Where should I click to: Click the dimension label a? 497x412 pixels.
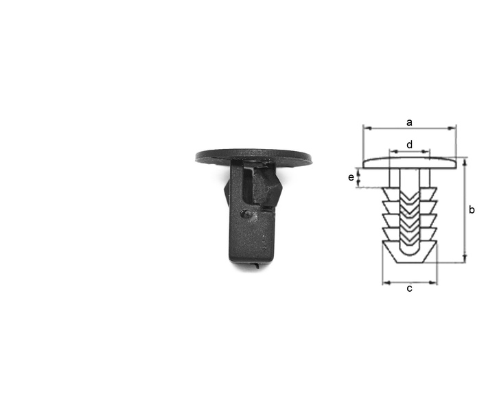coord(409,122)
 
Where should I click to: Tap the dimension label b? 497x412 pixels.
coord(472,209)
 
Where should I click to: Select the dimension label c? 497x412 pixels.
coord(410,288)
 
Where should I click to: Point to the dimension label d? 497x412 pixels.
coord(410,145)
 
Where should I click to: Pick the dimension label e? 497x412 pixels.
coord(351,177)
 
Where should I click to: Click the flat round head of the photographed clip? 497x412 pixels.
coord(253,156)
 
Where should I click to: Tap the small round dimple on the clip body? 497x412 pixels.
coord(245,214)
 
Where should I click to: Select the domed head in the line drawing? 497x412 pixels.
coord(410,162)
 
